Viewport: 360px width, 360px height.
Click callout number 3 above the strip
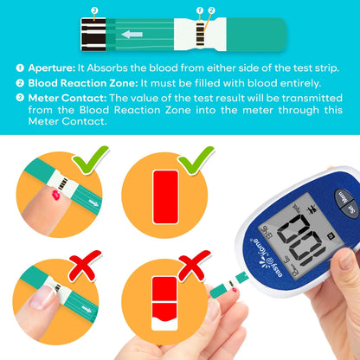pos(94,10)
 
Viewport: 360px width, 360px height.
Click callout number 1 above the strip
pos(200,10)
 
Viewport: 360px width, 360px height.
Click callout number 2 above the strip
pos(211,10)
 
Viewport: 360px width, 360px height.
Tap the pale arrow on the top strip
pos(132,35)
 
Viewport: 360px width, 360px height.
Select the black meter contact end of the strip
pos(93,35)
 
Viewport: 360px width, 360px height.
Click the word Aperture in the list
pos(52,68)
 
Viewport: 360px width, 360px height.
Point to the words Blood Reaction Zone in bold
pos(83,83)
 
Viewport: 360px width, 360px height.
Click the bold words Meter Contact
pos(67,98)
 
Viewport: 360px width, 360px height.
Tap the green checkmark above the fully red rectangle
pos(196,160)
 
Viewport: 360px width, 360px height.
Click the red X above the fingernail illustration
pos(85,266)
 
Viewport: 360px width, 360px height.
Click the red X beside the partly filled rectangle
pos(194,266)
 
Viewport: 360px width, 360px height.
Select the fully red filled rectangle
pos(165,197)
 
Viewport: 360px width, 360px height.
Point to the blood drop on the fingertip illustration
pos(55,195)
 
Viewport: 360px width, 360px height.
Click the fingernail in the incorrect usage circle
pos(42,297)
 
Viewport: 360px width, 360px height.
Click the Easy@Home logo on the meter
pos(267,257)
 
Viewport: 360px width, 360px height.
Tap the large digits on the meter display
pos(301,240)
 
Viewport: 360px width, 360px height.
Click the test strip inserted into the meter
pos(229,285)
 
